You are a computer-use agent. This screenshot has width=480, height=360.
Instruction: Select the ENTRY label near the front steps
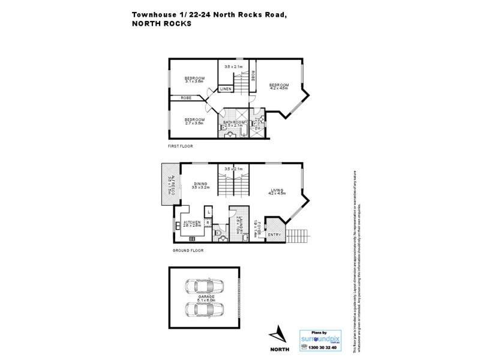tap(274, 235)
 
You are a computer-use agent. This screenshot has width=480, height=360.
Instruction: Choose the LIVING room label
tap(277, 190)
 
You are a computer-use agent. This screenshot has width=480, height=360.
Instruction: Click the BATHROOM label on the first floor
tap(235, 122)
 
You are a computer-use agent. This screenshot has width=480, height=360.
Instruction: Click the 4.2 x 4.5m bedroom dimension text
tap(278, 88)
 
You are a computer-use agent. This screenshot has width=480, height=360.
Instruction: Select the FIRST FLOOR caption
tap(180, 146)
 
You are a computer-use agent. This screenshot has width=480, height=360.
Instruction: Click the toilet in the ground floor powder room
tap(221, 238)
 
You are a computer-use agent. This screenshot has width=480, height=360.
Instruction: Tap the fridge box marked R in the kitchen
tap(208, 223)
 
